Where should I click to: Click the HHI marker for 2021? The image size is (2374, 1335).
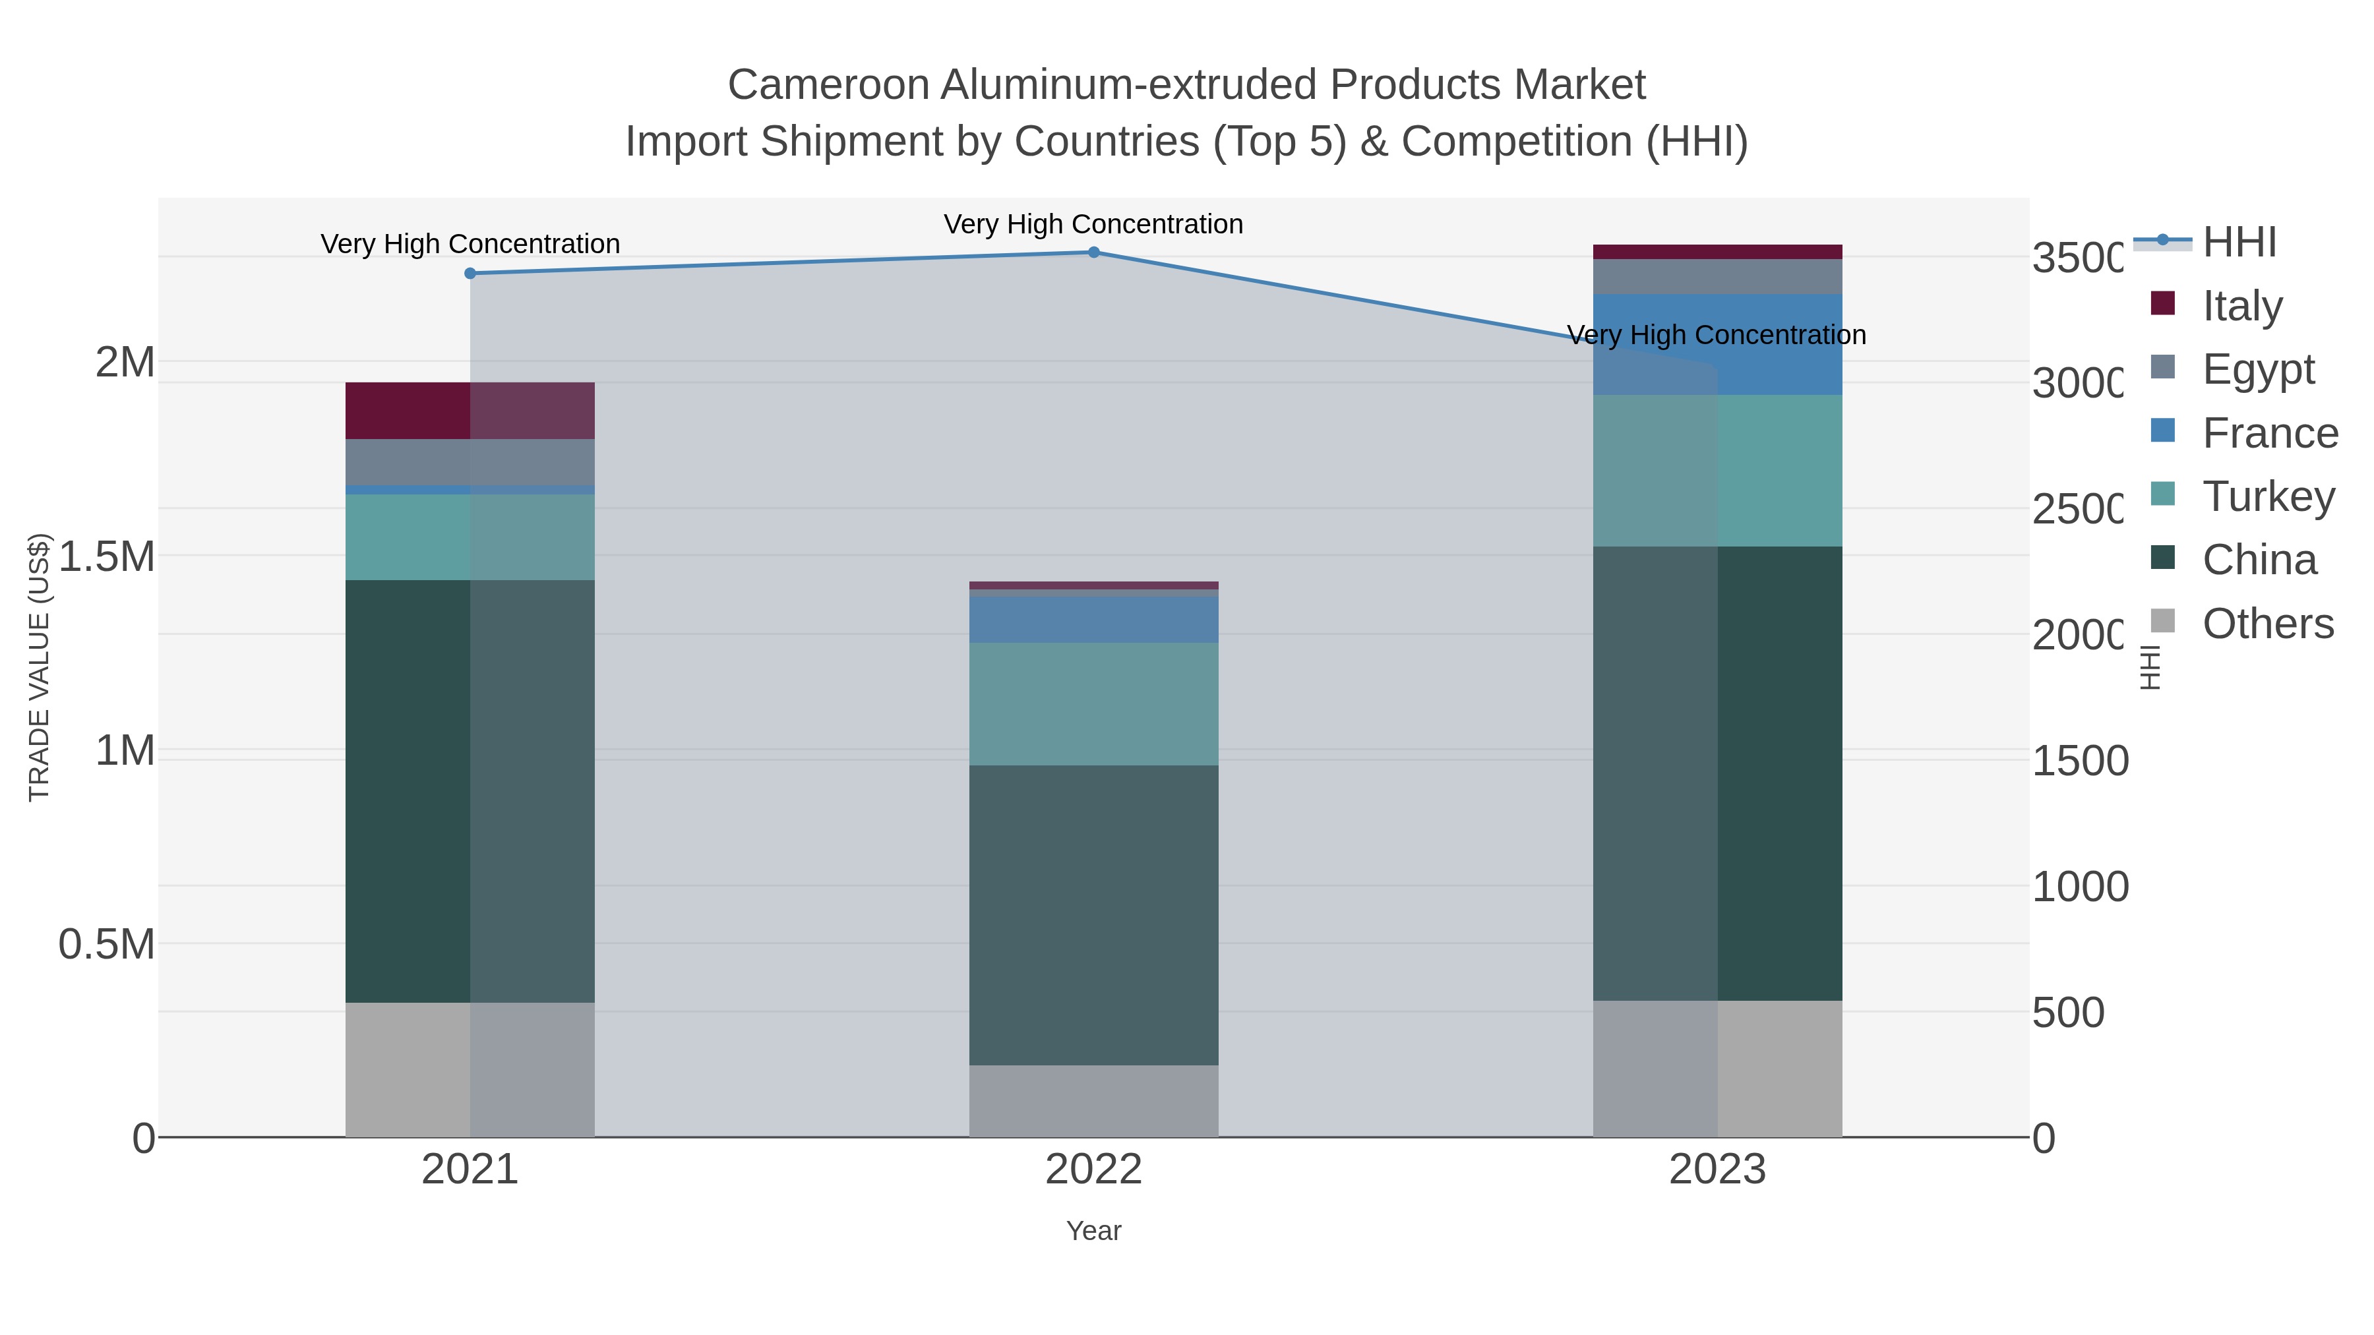[470, 274]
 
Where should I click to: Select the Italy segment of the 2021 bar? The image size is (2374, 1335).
[470, 410]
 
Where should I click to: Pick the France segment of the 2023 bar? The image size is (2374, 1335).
[1717, 345]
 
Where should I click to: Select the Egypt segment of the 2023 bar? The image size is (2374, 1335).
[1717, 276]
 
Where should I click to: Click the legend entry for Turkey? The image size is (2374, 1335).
[2267, 496]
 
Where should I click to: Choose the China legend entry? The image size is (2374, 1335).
[2258, 560]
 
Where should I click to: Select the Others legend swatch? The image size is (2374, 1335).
[2162, 621]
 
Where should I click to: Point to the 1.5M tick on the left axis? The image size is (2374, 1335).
[106, 556]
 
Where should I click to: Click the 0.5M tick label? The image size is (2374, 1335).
[106, 944]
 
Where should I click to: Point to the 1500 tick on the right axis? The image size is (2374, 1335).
[2079, 761]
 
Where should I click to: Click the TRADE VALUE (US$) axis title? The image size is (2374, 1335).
[39, 667]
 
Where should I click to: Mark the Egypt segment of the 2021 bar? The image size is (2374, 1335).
[470, 461]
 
